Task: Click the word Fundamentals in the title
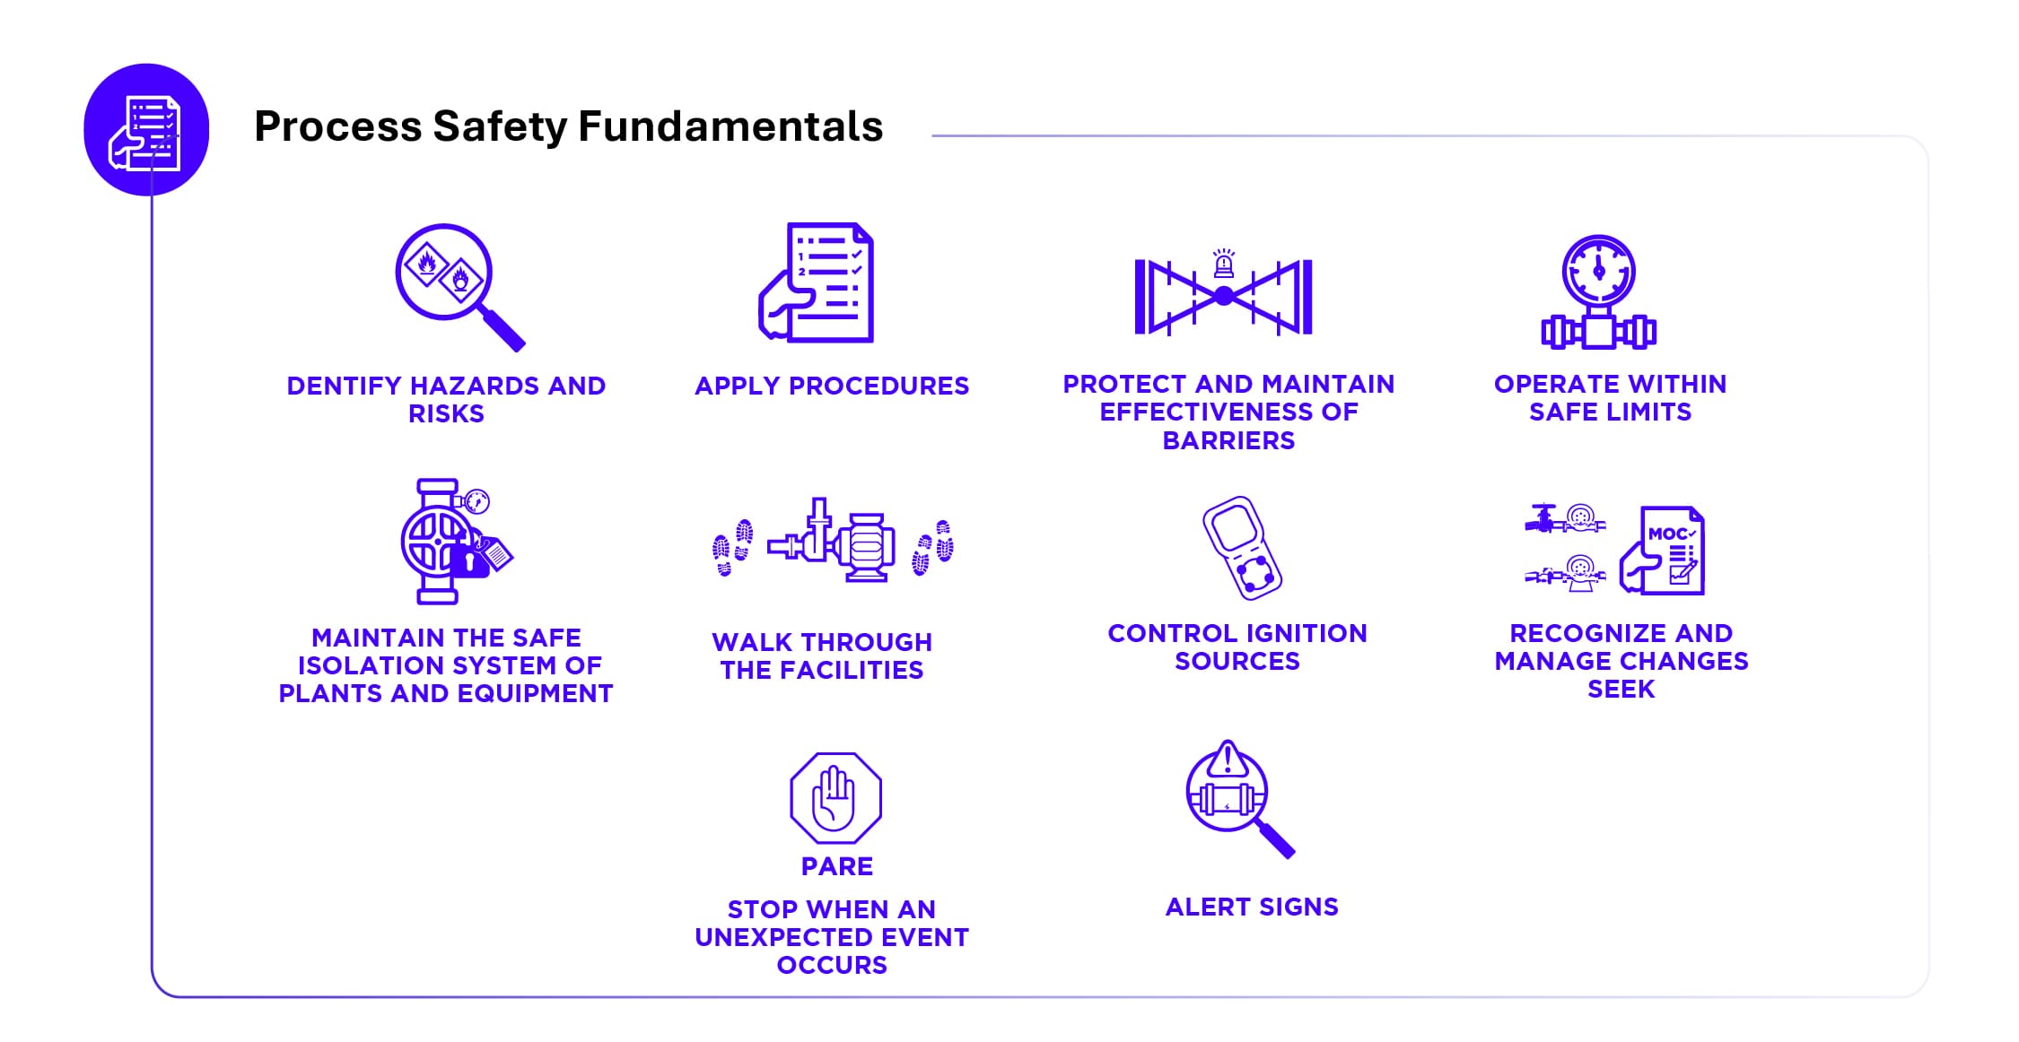[x=730, y=126]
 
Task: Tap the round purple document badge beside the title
[x=146, y=130]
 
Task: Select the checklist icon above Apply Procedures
[x=817, y=282]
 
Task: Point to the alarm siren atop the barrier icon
[x=1224, y=264]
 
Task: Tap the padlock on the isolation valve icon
[x=468, y=561]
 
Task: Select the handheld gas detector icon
[x=1242, y=547]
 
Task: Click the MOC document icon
[x=1663, y=551]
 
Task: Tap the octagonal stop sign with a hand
[x=835, y=798]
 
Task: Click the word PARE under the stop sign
[x=837, y=866]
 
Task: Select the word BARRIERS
[x=1228, y=440]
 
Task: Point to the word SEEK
[x=1621, y=689]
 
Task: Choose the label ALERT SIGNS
[x=1252, y=907]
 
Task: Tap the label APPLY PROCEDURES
[x=832, y=386]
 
